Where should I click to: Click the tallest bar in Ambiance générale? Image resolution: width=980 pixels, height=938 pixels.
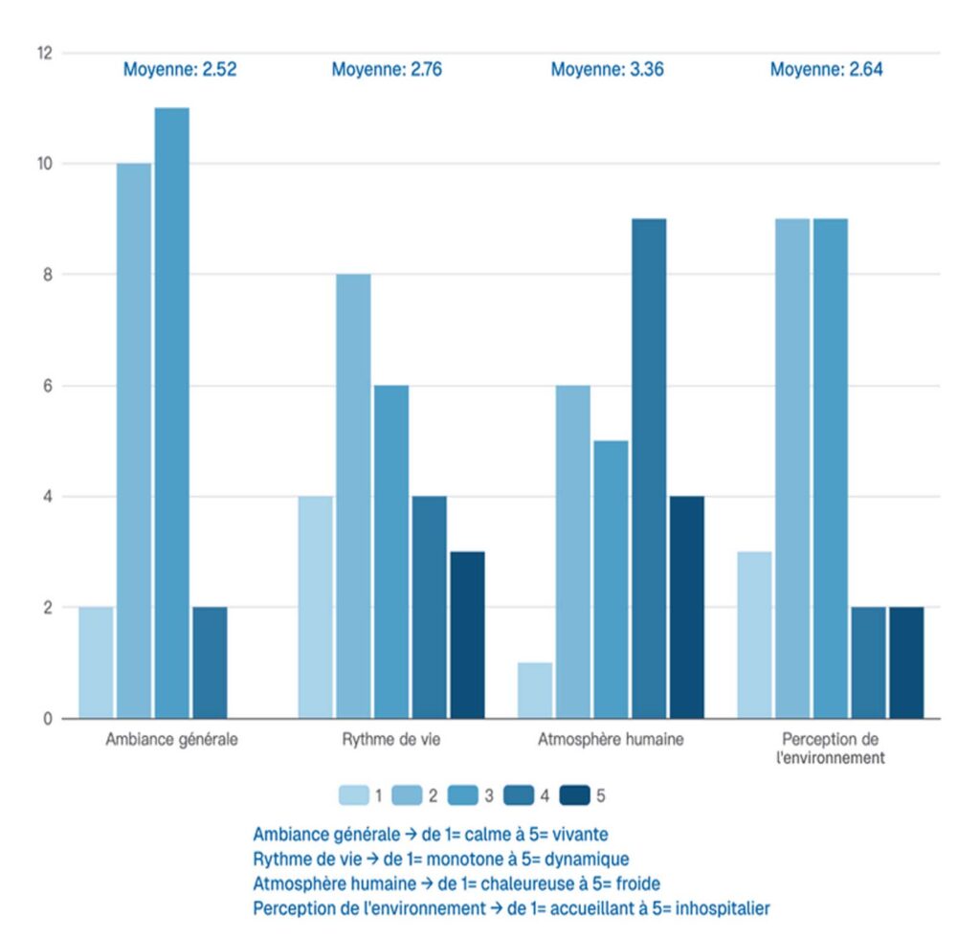point(172,413)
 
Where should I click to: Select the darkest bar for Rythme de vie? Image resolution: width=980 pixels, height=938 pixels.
point(467,635)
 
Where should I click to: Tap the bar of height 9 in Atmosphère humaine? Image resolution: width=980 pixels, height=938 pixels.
point(649,468)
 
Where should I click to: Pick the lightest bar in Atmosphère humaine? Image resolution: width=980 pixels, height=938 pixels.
point(535,690)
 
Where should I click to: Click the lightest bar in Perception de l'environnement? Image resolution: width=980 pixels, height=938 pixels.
point(754,635)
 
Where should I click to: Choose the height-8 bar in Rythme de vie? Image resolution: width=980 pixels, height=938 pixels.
point(353,496)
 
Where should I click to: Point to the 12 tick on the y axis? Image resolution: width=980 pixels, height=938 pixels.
point(44,53)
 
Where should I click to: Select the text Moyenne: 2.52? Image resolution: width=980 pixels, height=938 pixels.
point(180,69)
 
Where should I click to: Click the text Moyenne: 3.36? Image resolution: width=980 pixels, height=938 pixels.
point(607,69)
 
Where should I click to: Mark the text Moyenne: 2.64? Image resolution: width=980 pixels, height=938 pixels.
point(826,69)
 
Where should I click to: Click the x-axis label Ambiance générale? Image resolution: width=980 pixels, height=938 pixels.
point(172,740)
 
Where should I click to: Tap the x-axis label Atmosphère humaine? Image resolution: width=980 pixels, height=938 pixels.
point(611,740)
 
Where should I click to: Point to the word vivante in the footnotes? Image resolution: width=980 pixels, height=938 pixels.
point(579,834)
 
